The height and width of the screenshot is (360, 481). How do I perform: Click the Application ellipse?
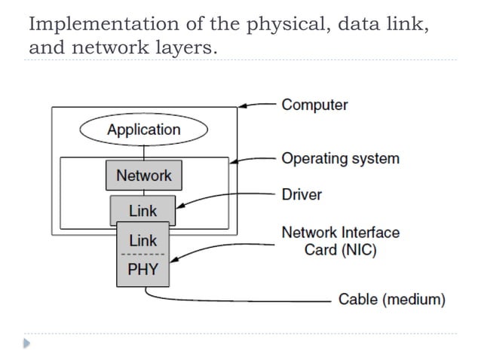tap(143, 130)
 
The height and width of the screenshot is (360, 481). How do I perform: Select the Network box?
tap(143, 176)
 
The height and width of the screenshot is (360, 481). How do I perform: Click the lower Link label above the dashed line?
tap(143, 241)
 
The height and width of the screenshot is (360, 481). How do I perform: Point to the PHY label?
tap(143, 270)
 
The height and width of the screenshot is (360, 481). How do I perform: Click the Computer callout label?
tap(314, 105)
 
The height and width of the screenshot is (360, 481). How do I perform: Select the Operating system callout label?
tap(340, 159)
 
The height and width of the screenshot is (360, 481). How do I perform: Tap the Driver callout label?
tap(302, 194)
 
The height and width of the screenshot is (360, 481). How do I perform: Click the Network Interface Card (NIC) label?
tap(340, 241)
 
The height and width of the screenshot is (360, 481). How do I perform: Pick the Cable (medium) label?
tap(391, 300)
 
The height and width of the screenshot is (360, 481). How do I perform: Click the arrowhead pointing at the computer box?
tap(242, 107)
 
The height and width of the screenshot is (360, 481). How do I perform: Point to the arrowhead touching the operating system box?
tap(233, 160)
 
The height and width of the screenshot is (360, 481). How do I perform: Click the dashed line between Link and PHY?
tap(143, 255)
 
